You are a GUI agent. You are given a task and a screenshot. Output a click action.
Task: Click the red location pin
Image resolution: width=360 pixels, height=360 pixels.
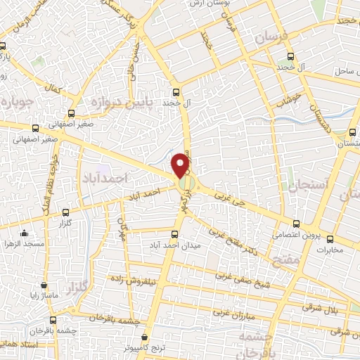182,165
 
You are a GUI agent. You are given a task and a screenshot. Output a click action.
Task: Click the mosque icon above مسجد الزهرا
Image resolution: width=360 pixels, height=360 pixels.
26,233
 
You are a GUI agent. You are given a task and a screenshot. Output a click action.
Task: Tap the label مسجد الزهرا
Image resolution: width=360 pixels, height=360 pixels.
26,244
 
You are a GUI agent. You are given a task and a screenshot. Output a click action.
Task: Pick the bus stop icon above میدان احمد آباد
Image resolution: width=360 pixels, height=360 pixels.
174,233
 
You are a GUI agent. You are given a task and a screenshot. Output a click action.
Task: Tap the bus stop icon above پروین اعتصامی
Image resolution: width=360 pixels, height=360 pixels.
297,221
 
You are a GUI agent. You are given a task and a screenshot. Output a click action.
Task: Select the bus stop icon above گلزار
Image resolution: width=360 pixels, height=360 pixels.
65,212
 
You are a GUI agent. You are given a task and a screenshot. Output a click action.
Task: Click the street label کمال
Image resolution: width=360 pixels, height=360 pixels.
54,89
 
